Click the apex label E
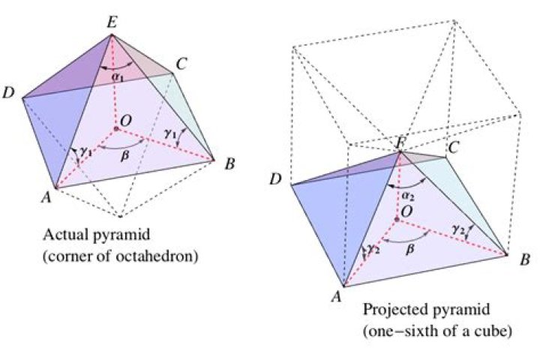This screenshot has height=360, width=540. (112, 23)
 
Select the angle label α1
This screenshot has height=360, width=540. (118, 77)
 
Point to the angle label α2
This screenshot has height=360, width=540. (408, 196)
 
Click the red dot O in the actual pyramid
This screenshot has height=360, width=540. (116, 129)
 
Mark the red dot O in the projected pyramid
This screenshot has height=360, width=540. (397, 219)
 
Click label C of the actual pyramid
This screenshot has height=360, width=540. (181, 64)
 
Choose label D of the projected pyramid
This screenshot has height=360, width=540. (275, 179)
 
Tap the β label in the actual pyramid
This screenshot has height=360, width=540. (125, 156)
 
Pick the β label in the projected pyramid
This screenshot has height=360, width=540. (409, 249)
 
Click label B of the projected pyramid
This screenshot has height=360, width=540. (525, 259)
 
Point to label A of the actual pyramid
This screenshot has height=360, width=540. (46, 197)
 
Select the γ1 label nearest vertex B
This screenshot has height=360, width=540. (170, 133)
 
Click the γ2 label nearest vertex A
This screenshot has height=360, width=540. (373, 249)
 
